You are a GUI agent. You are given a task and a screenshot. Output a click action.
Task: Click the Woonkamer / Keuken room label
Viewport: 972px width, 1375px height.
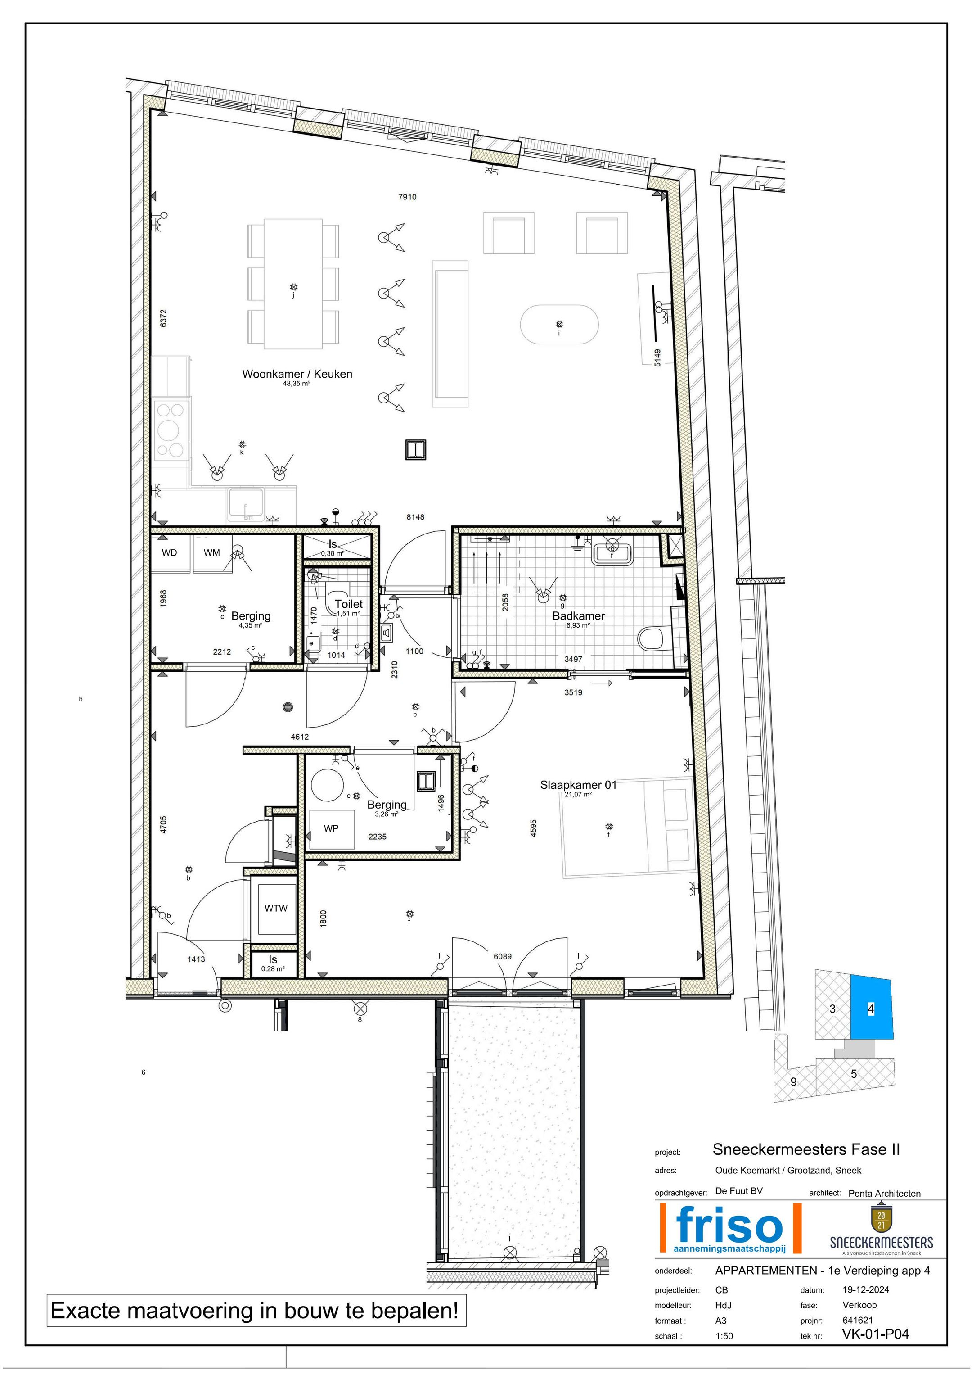coord(297,374)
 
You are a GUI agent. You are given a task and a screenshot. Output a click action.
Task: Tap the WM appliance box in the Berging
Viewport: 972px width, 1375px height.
coord(212,553)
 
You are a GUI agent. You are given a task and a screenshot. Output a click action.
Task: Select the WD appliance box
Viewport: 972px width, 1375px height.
coord(169,553)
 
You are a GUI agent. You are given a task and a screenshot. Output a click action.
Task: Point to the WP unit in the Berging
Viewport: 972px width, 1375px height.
coord(331,828)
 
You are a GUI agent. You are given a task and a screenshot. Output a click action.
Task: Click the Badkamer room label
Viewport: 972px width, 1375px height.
coord(578,615)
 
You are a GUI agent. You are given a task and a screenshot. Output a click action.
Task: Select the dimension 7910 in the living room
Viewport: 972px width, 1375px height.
coord(407,197)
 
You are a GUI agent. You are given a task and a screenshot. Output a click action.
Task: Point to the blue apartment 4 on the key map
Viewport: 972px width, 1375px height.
coord(871,1009)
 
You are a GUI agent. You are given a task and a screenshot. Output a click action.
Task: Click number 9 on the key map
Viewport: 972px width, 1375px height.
coord(794,1081)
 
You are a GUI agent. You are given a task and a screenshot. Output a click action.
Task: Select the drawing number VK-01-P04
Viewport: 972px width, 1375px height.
coord(875,1334)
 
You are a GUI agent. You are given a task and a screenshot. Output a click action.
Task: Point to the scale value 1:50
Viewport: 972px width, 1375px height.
coord(724,1335)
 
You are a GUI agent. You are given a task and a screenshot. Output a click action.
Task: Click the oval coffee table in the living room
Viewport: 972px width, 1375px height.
coord(559,325)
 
